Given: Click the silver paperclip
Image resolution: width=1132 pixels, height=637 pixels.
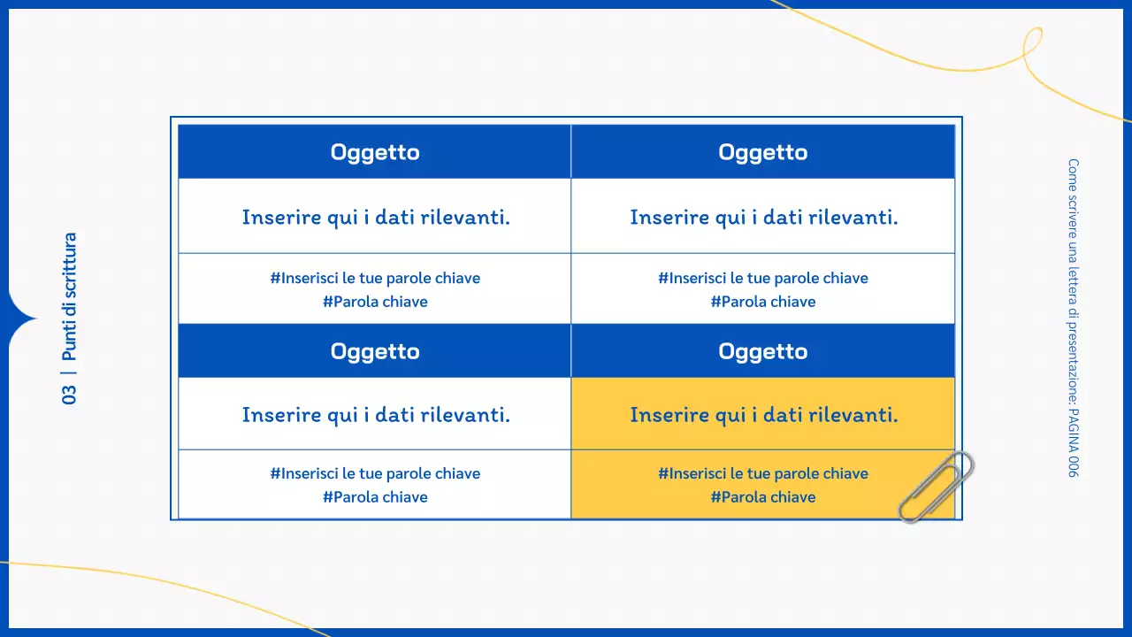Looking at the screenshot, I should pyautogui.click(x=936, y=486).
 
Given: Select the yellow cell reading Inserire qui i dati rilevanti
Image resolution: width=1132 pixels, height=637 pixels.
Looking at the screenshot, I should pyautogui.click(x=763, y=414).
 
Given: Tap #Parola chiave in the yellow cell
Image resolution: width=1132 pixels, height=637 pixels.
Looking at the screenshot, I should pyautogui.click(x=763, y=497).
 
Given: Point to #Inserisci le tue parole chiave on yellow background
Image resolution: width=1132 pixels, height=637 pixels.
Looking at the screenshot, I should pyautogui.click(x=763, y=473).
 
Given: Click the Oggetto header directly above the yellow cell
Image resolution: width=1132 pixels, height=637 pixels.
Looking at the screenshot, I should pyautogui.click(x=763, y=351).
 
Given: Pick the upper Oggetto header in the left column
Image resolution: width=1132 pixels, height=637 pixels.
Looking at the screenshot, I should pyautogui.click(x=375, y=152).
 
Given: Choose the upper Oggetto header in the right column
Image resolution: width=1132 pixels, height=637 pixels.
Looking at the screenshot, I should pyautogui.click(x=763, y=152).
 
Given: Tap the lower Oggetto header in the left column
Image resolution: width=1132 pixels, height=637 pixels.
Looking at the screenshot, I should pyautogui.click(x=375, y=351).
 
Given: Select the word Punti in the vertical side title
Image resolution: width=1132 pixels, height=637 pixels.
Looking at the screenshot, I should pyautogui.click(x=70, y=342).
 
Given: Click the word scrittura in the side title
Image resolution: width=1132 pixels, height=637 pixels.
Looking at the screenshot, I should pyautogui.click(x=70, y=263).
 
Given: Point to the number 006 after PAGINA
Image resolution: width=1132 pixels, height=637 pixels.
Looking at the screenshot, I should pyautogui.click(x=1073, y=465).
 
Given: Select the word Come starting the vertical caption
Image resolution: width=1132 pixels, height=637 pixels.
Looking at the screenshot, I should pyautogui.click(x=1073, y=173).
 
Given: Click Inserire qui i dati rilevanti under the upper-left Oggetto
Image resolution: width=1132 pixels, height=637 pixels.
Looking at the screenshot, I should pyautogui.click(x=375, y=217).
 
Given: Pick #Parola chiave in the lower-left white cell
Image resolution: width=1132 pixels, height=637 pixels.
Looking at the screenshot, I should pyautogui.click(x=375, y=497).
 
